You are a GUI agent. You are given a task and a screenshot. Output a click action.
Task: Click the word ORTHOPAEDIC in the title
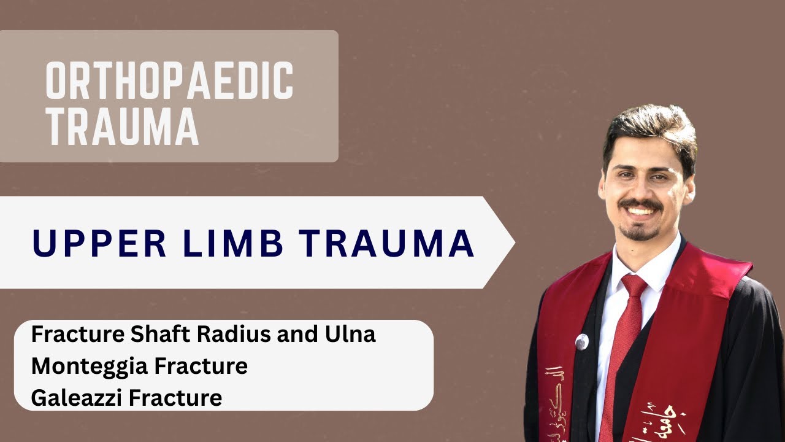coord(169,82)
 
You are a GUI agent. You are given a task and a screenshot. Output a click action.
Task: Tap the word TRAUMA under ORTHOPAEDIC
coord(122,127)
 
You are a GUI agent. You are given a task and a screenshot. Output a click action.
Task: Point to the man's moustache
coord(640,204)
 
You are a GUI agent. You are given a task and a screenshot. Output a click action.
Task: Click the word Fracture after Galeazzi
coord(180,398)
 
